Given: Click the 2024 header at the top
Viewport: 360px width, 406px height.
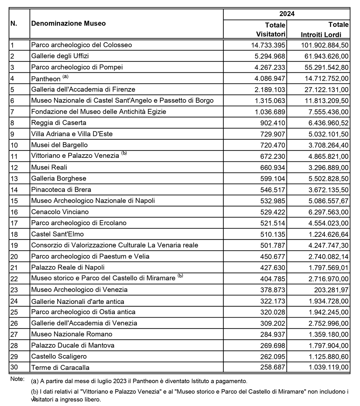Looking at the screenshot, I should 286,14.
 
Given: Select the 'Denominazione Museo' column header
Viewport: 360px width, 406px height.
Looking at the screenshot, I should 68,23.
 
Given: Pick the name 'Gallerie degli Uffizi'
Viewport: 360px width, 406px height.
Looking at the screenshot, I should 60,56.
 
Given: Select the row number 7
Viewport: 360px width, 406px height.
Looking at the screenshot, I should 12,112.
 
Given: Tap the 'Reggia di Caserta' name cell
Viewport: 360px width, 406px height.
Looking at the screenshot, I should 59,123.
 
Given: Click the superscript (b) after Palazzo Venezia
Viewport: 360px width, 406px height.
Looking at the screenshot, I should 124,153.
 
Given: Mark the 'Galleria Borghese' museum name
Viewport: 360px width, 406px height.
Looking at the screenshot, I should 59,178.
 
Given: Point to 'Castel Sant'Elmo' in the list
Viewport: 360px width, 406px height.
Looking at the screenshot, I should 57,234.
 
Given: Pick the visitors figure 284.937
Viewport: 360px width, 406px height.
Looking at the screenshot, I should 272,334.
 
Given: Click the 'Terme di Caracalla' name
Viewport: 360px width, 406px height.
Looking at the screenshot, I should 60,368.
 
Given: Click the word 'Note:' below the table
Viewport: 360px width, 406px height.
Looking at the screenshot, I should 17,379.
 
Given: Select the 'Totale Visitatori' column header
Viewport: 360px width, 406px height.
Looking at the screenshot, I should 271,29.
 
